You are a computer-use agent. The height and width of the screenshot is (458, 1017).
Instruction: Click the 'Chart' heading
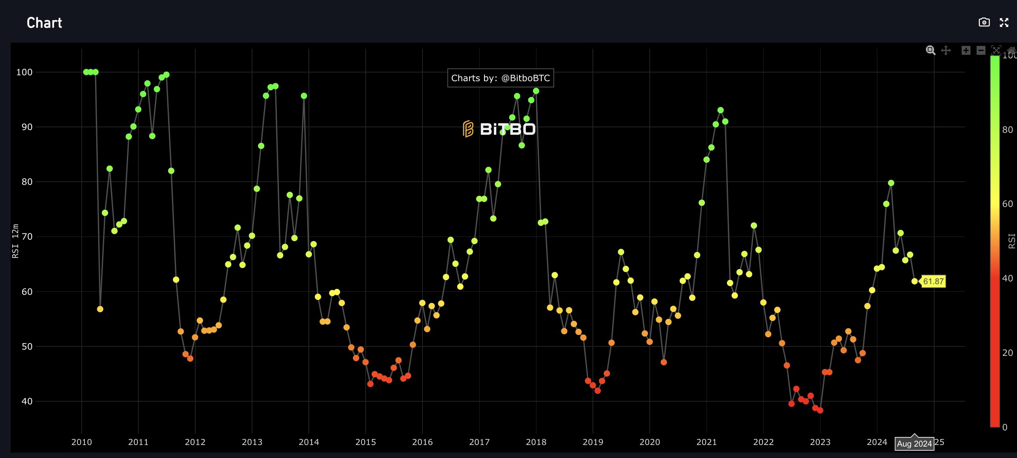tap(44, 23)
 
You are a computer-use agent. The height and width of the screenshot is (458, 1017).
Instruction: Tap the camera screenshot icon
tap(984, 22)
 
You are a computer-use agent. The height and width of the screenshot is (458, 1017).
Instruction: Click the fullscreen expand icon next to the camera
tap(1004, 22)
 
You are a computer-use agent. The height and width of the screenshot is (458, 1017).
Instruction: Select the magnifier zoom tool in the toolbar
tap(931, 50)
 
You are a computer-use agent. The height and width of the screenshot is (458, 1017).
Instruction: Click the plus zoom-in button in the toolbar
tap(966, 50)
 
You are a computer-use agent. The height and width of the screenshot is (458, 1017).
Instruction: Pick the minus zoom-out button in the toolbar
tap(981, 50)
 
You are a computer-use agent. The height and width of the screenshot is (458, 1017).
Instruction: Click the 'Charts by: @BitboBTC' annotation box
tap(500, 78)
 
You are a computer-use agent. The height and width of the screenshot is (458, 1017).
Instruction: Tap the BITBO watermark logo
tap(499, 129)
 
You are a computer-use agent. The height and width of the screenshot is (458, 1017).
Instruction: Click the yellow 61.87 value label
tap(933, 281)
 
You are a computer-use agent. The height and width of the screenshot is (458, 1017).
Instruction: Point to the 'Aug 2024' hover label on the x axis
tap(914, 443)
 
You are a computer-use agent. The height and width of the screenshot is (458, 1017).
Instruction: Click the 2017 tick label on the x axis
tap(479, 442)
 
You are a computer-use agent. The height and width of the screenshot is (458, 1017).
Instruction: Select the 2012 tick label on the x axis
tap(195, 442)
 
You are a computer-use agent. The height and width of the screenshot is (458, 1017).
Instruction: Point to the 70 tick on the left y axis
tap(27, 237)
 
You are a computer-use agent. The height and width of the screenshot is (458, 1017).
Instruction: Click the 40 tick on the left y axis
tap(27, 401)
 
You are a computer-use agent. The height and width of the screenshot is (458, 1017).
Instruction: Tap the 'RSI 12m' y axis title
tap(15, 241)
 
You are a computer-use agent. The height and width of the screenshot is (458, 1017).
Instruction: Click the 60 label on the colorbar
tap(1007, 204)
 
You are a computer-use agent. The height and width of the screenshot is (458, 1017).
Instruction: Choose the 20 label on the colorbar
tap(1007, 353)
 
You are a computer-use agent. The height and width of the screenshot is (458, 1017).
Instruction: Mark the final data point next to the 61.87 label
tap(914, 281)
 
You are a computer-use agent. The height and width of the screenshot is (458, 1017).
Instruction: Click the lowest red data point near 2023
tap(820, 410)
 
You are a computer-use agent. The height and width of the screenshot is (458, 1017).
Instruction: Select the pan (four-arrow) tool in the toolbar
tap(946, 50)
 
